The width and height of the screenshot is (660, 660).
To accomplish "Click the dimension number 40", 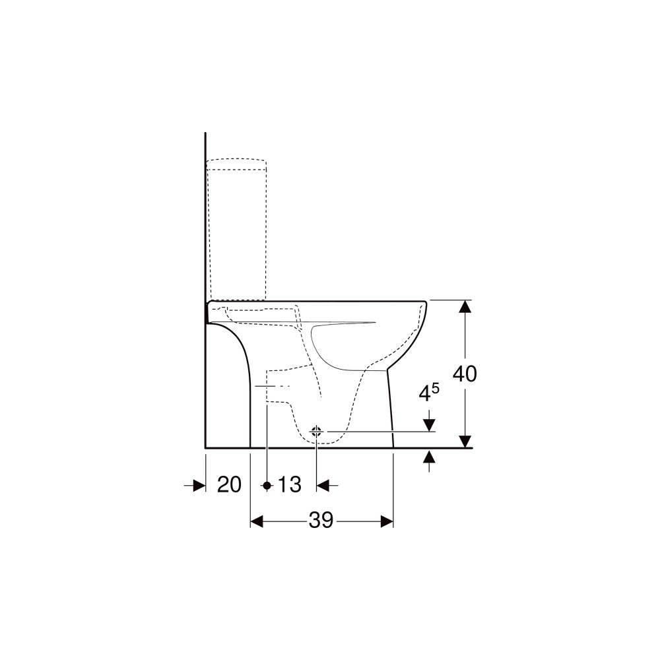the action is coord(465,374).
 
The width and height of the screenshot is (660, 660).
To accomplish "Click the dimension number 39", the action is coord(321,521).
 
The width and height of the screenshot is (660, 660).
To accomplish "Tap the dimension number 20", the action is coord(230,484).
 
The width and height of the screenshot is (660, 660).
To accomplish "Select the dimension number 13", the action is coord(290,484).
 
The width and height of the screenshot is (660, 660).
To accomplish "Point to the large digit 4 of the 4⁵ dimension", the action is coord(426,393).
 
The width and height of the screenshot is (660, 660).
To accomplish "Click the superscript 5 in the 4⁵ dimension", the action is coord(436,388).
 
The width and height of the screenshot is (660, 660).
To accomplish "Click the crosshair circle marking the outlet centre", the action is coord(316,432).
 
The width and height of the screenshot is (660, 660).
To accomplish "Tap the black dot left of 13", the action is coord(267,485).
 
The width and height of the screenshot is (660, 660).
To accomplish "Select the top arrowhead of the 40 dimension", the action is coord(465,306).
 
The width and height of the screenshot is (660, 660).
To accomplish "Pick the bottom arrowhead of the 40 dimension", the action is coord(465,442).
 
